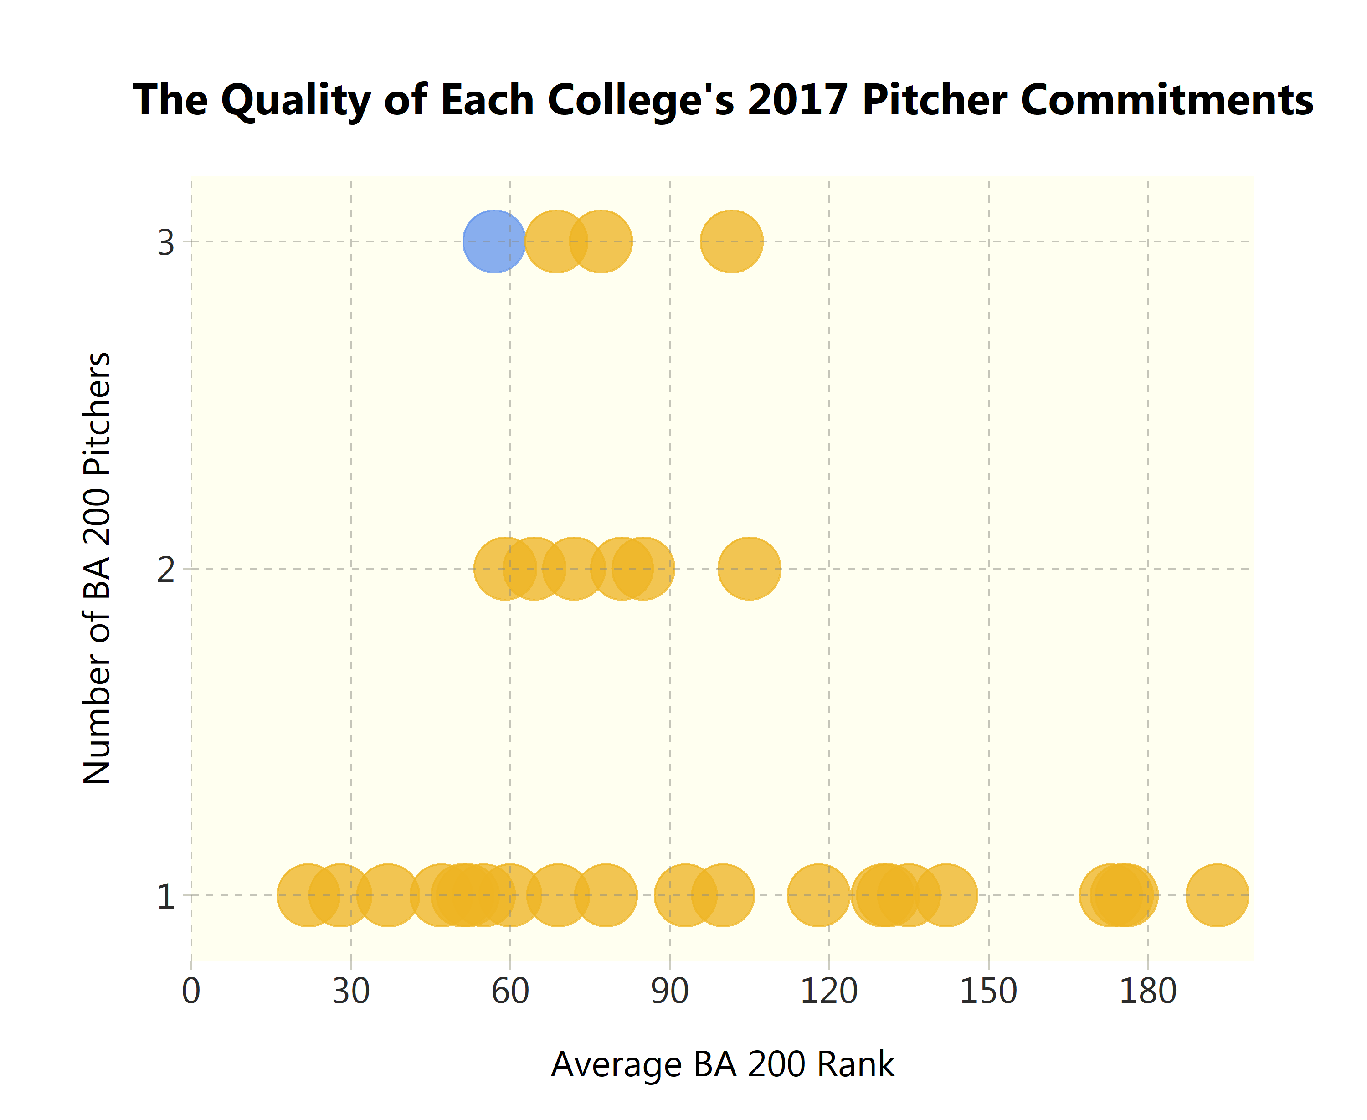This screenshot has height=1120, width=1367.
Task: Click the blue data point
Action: (x=493, y=241)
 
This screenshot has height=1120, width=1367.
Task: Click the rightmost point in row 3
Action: (x=731, y=241)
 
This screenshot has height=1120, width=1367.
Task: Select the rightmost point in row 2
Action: (x=749, y=568)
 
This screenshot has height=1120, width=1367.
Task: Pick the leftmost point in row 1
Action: (x=308, y=895)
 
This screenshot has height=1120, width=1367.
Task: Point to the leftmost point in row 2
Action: (x=505, y=568)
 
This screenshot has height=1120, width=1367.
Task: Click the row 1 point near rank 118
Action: (x=818, y=895)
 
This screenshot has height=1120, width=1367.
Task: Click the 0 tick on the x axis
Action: (x=191, y=992)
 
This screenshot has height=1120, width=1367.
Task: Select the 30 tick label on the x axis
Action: (x=351, y=992)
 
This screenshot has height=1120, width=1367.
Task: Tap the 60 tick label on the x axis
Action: (x=510, y=992)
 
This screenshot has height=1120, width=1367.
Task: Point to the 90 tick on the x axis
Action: (x=670, y=992)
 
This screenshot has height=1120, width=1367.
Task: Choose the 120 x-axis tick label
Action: (x=829, y=992)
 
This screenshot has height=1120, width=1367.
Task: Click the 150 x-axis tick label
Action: (x=988, y=992)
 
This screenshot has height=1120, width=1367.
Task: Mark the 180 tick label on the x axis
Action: (x=1148, y=992)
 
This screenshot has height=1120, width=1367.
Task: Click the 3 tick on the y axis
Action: (x=166, y=242)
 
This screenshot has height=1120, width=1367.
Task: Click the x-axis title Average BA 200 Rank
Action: (x=723, y=1064)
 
